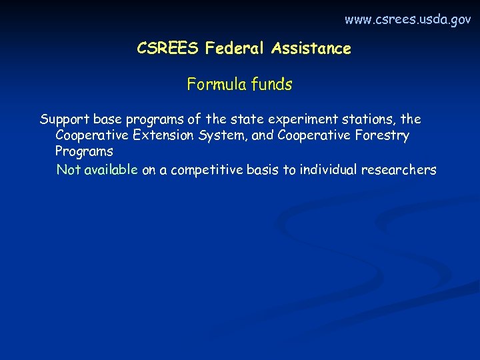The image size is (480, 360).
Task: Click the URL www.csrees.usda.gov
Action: [407, 20]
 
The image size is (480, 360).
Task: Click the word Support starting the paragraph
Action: [65, 120]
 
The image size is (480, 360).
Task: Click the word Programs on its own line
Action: [84, 151]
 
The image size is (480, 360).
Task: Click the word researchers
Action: [399, 170]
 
